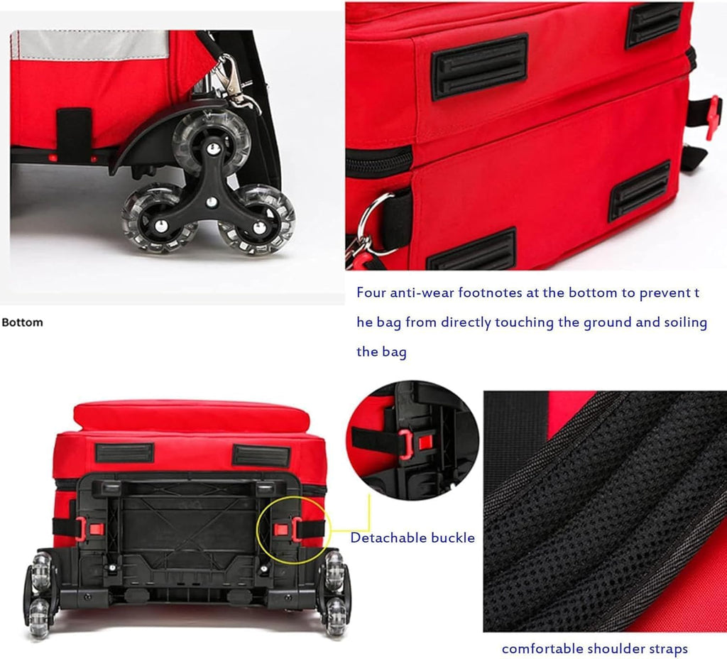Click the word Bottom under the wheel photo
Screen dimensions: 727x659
pos(22,322)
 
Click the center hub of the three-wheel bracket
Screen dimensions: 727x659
pos(211,202)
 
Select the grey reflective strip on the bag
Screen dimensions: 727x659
pos(90,45)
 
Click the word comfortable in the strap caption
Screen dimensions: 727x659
pos(542,648)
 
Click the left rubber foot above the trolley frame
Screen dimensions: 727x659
pos(124,453)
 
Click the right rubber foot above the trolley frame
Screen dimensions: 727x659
pos(261,455)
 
